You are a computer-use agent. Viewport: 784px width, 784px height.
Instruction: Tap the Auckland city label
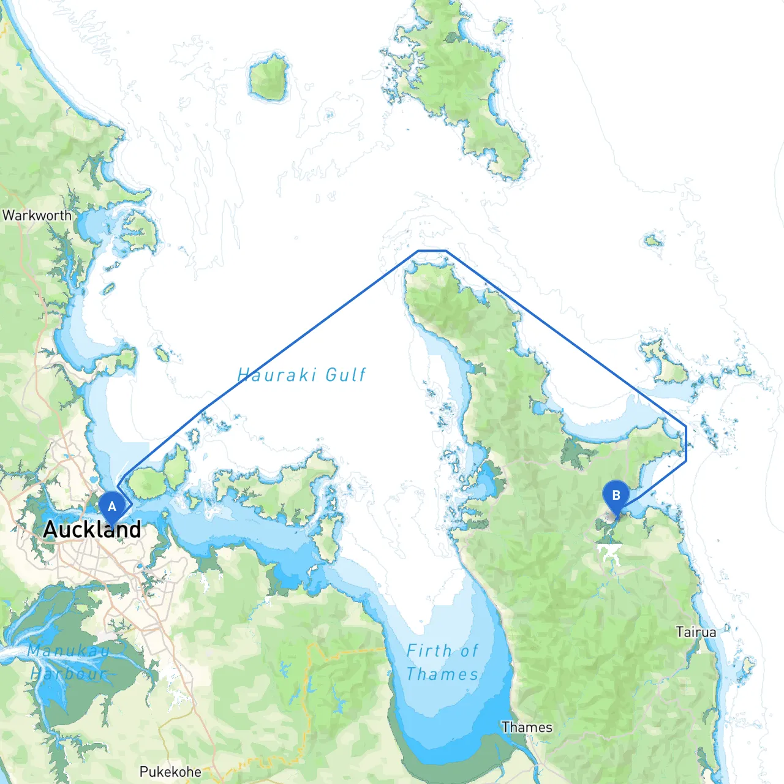point(92,529)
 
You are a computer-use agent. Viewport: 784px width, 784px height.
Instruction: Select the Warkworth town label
point(37,216)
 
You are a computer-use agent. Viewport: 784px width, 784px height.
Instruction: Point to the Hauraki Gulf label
point(301,374)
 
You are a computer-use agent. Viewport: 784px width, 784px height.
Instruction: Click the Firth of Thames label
point(442,662)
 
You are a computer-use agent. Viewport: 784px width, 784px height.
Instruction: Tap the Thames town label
point(527,727)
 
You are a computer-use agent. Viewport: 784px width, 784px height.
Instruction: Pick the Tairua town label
point(696,631)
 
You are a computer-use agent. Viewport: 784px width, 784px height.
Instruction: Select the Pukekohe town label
point(170,771)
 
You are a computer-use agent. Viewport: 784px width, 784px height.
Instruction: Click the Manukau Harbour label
point(69,661)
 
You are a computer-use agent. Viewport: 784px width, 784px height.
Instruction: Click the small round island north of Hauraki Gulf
point(269,78)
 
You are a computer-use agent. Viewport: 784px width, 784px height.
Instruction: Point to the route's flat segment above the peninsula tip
point(432,251)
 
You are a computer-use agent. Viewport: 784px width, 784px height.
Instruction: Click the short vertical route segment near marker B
point(686,443)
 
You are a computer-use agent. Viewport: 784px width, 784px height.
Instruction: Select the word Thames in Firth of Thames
point(442,674)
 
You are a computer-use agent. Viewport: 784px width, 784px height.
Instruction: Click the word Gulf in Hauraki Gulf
point(345,374)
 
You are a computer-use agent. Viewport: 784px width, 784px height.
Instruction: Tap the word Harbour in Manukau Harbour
point(69,674)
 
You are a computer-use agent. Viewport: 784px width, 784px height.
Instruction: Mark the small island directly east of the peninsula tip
point(654,240)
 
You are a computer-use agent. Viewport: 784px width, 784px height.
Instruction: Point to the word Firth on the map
point(428,650)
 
